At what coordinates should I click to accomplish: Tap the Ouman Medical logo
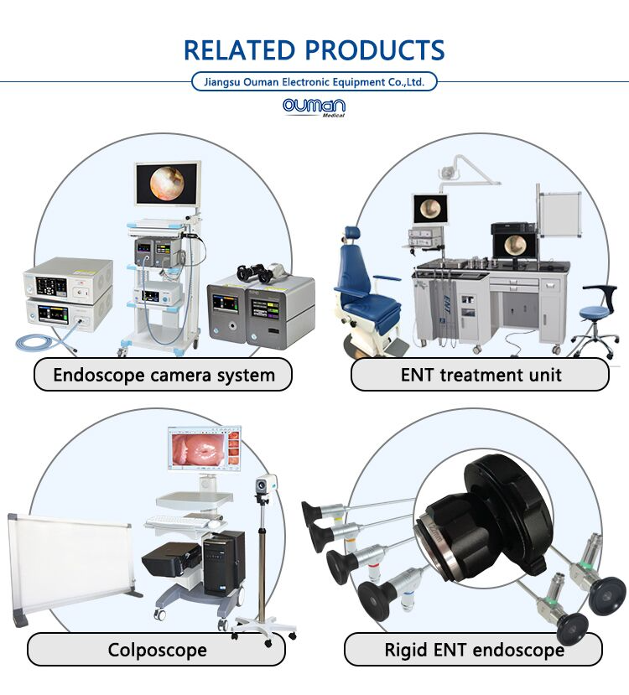click(x=314, y=107)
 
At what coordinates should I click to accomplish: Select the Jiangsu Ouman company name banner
click(x=314, y=82)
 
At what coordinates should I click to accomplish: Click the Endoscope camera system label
click(x=164, y=375)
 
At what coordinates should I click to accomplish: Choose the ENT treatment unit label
click(x=480, y=375)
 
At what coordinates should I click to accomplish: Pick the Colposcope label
click(x=157, y=650)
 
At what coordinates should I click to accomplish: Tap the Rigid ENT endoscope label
click(x=473, y=650)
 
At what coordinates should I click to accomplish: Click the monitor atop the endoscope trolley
click(x=168, y=184)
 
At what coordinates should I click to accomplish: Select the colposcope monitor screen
click(x=205, y=449)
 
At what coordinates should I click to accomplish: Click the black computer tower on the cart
click(x=224, y=563)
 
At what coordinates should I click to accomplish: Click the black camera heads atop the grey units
click(x=260, y=272)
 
